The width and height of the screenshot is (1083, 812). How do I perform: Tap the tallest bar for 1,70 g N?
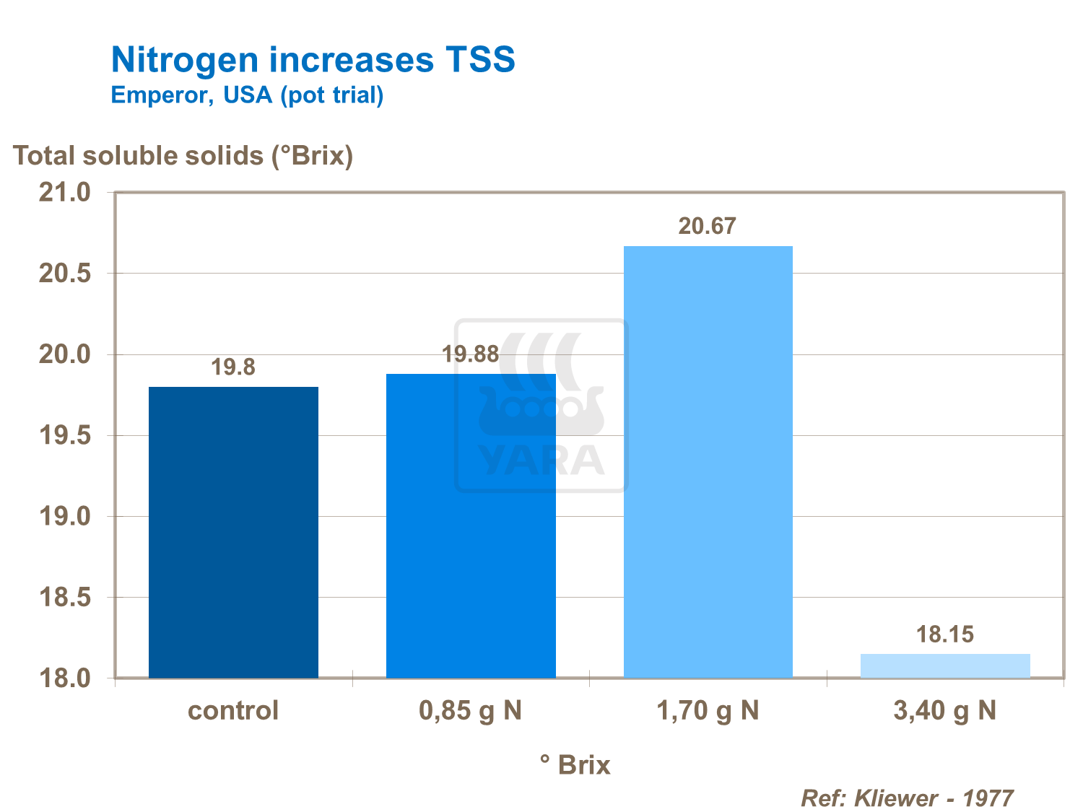coord(708,462)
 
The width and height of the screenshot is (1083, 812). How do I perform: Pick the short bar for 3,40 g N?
coord(945,665)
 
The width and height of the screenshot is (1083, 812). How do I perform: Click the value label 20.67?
coord(707,226)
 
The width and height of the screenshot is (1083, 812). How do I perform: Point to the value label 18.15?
coord(945,634)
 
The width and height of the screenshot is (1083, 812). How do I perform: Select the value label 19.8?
coord(233,367)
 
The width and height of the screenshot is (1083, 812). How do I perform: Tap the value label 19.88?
coord(471,354)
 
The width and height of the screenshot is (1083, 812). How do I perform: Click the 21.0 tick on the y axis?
coord(64,193)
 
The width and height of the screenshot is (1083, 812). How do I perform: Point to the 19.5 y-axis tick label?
coord(64,436)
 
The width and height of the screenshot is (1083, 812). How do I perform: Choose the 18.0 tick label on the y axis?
coord(64,678)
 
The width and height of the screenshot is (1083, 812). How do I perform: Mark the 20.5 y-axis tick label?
coord(64,274)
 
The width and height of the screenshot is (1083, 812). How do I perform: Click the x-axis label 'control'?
coord(233,711)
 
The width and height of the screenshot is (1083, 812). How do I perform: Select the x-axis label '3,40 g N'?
coord(945,711)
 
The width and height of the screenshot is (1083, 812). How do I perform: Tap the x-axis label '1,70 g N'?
coord(708,711)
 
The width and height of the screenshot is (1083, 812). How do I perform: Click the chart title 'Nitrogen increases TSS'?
coord(313,59)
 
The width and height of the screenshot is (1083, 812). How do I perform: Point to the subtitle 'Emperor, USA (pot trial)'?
coord(247,95)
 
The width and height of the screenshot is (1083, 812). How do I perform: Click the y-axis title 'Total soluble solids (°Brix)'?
coord(183,155)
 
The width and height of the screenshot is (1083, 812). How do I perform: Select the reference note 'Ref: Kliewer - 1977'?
coord(908,798)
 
